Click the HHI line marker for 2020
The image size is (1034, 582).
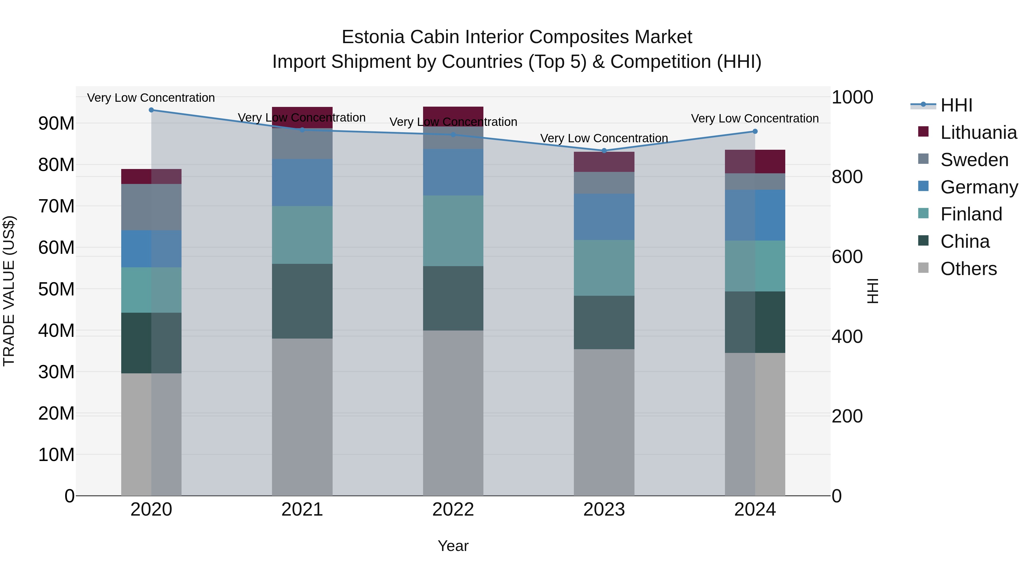(151, 110)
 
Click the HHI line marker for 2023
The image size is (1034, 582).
(604, 151)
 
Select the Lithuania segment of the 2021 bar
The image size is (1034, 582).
(302, 118)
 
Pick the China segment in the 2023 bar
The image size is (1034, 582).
(604, 322)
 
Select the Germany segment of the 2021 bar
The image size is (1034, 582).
(302, 183)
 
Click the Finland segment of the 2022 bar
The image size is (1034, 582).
(453, 231)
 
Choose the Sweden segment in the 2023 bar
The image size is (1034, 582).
(604, 183)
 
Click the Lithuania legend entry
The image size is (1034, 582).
(978, 132)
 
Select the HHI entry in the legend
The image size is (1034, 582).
(956, 105)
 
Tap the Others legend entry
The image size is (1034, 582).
(968, 269)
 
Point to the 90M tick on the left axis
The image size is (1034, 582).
(56, 123)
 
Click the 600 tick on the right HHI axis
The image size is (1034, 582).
(847, 256)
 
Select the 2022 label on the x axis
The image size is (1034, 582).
(453, 510)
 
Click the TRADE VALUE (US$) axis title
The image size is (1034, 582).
(9, 291)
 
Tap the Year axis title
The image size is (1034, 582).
(453, 546)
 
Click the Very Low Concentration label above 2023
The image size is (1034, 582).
(604, 138)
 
